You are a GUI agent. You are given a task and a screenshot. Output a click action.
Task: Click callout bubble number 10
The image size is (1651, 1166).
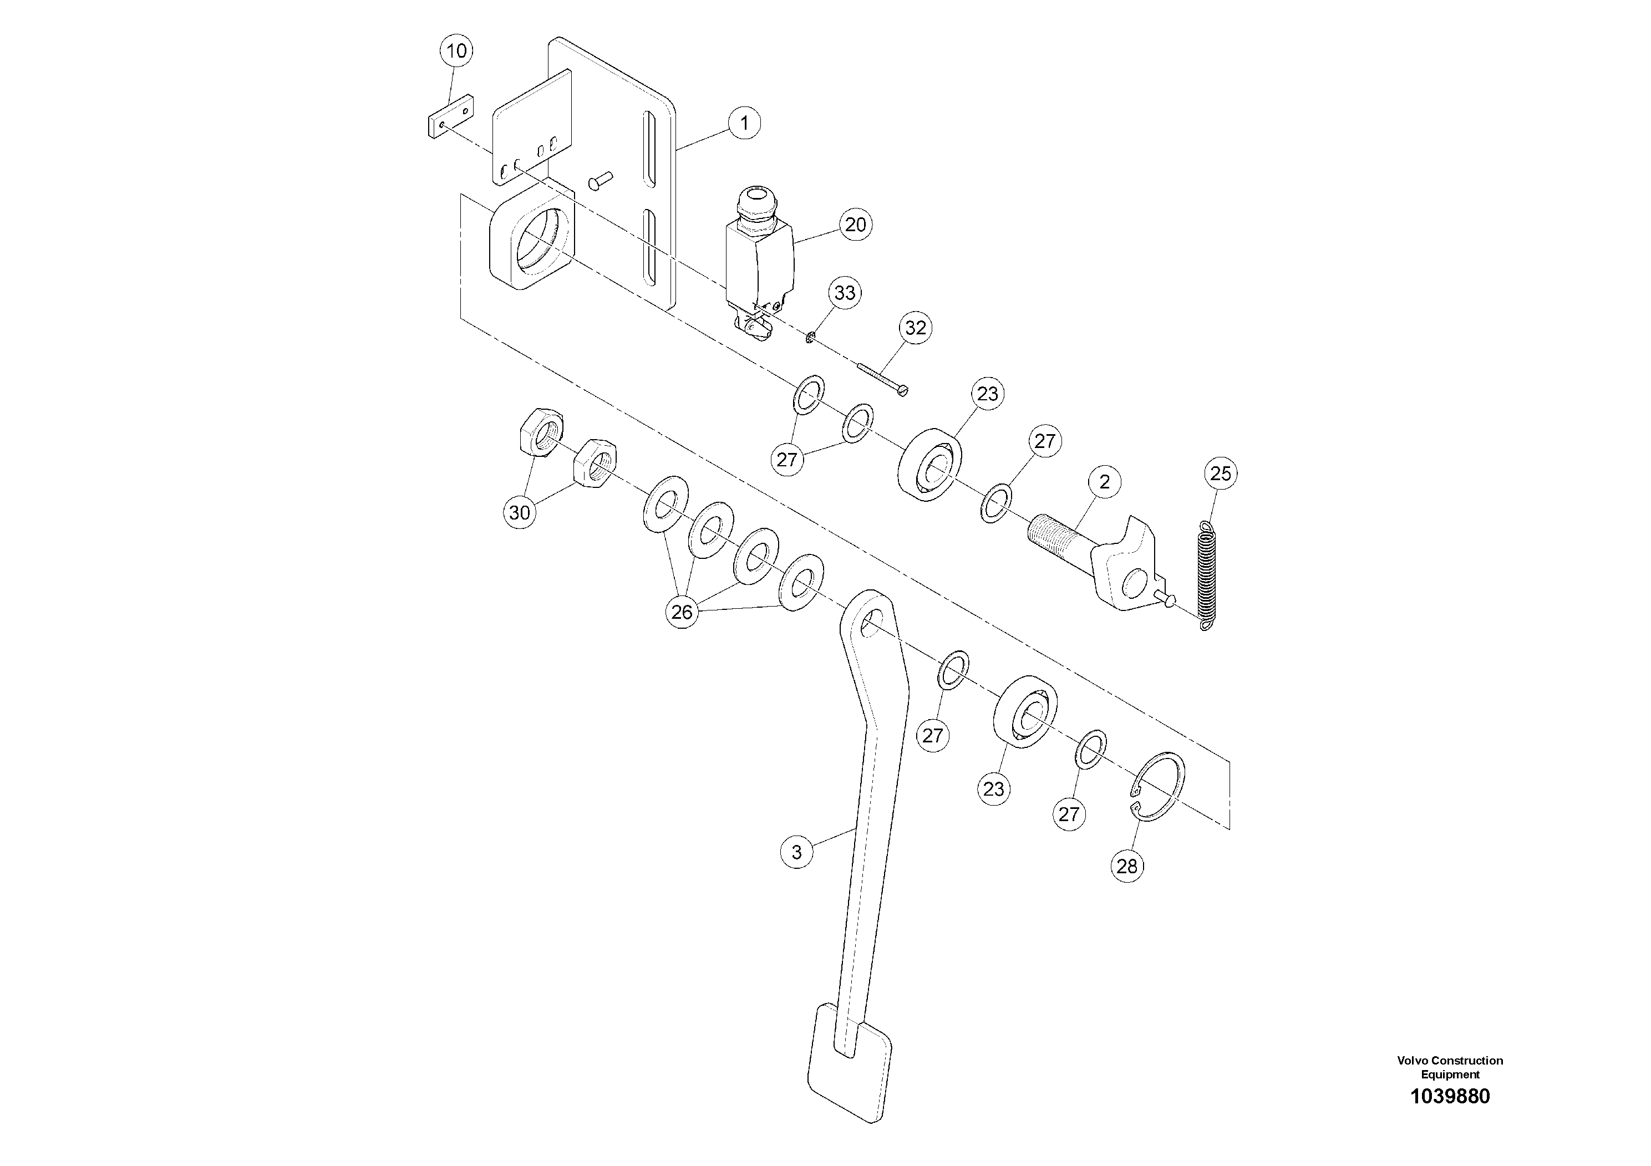click(x=456, y=51)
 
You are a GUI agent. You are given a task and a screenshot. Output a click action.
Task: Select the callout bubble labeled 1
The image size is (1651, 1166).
click(x=744, y=123)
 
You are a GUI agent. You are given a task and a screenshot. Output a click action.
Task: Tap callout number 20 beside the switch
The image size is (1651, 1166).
click(x=855, y=225)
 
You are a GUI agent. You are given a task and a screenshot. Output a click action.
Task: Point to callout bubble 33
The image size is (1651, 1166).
click(x=845, y=293)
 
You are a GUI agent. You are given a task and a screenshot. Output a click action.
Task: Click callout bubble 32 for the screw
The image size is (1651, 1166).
click(x=916, y=329)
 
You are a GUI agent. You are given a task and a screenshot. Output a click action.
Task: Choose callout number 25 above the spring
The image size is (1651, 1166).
click(x=1220, y=473)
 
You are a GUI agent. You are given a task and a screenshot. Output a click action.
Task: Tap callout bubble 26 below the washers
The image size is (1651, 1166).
click(x=682, y=613)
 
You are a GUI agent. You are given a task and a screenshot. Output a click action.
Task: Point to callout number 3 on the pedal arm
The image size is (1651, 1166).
click(x=796, y=853)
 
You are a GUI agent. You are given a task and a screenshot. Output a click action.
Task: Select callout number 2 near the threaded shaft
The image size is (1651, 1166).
click(x=1105, y=482)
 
